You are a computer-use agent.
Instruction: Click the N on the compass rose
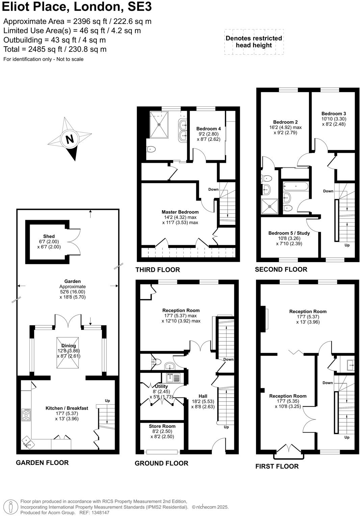(x=70, y=139)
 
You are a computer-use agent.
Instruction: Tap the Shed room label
(x=49, y=236)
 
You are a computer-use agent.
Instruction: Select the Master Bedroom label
(x=180, y=212)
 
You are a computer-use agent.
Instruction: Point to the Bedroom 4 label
(x=208, y=129)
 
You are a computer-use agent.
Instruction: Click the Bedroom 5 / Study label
(x=289, y=233)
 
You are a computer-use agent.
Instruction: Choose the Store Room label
(x=162, y=426)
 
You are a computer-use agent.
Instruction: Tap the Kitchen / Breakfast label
(x=67, y=408)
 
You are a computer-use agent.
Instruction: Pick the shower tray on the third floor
(x=159, y=125)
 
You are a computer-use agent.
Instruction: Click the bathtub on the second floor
(x=295, y=186)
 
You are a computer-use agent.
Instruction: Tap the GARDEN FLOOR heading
(x=42, y=463)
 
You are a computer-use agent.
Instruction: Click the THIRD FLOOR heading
(x=158, y=269)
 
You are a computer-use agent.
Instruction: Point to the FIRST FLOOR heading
(x=277, y=466)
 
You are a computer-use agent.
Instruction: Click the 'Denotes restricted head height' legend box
(x=254, y=42)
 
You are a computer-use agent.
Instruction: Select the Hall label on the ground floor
(x=203, y=396)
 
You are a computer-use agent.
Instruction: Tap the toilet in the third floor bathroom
(x=151, y=149)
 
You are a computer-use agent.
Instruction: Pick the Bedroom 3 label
(x=333, y=114)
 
